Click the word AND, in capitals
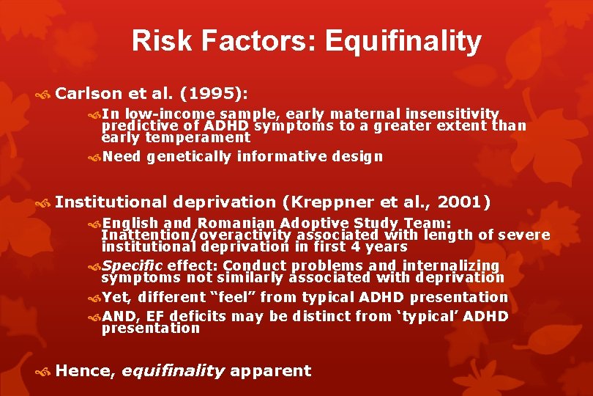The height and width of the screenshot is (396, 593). pos(121,316)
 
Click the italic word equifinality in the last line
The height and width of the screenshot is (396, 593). pos(173,371)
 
